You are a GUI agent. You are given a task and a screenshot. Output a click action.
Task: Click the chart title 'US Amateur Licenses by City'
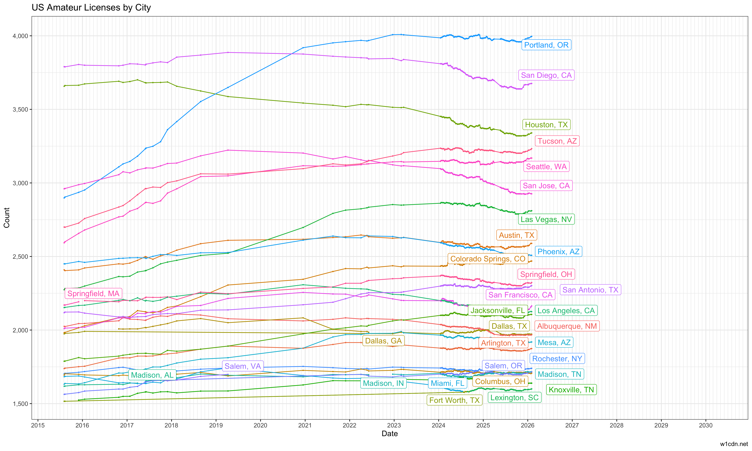click(91, 8)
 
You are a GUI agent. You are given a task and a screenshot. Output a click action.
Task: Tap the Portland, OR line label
click(546, 45)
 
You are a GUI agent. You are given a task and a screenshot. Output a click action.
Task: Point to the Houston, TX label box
click(546, 125)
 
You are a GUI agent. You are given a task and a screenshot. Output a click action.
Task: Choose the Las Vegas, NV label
click(546, 219)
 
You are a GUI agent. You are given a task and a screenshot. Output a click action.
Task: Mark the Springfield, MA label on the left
click(93, 294)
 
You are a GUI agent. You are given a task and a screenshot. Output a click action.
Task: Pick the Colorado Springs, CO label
click(488, 259)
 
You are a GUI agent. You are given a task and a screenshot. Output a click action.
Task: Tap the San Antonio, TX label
click(590, 290)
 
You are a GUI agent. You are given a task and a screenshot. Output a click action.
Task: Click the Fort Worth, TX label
click(454, 400)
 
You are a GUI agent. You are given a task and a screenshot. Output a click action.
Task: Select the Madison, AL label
click(152, 375)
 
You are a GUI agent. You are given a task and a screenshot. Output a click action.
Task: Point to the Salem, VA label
click(242, 366)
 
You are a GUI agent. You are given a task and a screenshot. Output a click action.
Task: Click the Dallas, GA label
click(383, 341)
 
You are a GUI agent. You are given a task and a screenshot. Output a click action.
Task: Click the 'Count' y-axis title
click(7, 218)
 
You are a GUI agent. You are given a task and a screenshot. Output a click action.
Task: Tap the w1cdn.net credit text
click(734, 444)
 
